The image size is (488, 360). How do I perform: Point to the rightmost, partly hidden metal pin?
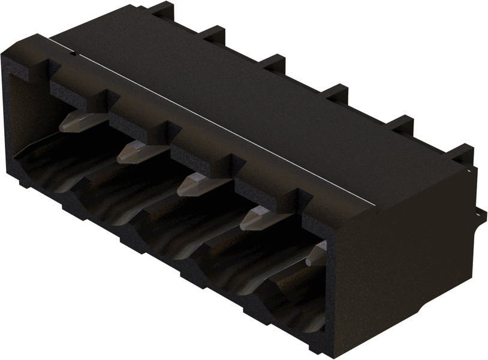317,254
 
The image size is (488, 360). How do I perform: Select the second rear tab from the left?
213,34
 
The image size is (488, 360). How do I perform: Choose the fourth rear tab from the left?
336,93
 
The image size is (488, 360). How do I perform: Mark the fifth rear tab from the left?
399,124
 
